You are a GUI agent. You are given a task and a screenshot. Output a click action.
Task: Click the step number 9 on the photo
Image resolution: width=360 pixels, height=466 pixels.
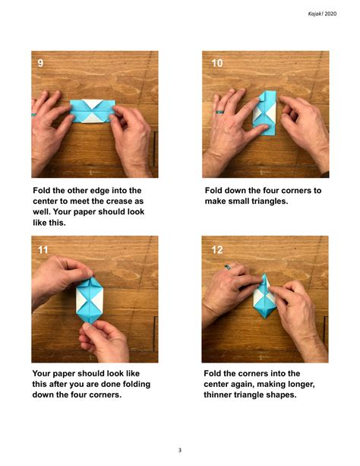click(41, 63)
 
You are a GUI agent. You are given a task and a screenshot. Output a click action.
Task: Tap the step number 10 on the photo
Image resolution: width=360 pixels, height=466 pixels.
click(217, 63)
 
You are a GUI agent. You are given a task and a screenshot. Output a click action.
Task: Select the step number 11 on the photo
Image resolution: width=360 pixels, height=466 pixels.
click(43, 248)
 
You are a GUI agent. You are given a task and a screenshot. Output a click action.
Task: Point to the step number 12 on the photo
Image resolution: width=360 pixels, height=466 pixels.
click(217, 248)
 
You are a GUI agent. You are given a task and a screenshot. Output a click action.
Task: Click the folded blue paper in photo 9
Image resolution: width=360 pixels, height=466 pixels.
click(92, 111)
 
